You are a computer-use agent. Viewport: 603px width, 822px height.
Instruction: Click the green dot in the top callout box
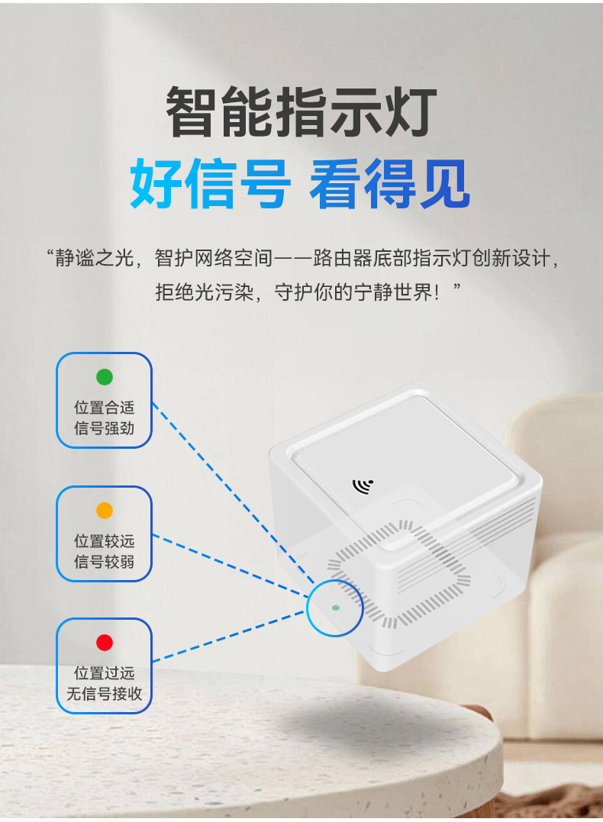click(105, 377)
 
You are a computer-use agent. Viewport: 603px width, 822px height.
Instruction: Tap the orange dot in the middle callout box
click(105, 510)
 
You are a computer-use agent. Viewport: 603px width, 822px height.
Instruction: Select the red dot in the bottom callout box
click(105, 642)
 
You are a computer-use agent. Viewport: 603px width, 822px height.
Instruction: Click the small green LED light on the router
click(336, 608)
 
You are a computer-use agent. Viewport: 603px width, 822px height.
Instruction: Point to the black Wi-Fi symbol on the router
click(363, 486)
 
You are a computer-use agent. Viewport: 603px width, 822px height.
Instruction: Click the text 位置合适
click(105, 408)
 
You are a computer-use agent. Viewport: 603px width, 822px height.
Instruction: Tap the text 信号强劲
click(105, 428)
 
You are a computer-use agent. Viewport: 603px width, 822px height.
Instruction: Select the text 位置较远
click(105, 541)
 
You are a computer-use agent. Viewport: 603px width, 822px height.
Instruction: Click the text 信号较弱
click(105, 562)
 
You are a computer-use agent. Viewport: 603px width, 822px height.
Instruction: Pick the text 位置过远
click(105, 673)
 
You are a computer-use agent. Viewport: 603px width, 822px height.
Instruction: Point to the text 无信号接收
click(105, 694)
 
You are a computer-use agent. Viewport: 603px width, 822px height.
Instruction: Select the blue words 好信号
click(210, 183)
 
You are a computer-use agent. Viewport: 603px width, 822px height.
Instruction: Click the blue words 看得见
click(390, 183)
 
